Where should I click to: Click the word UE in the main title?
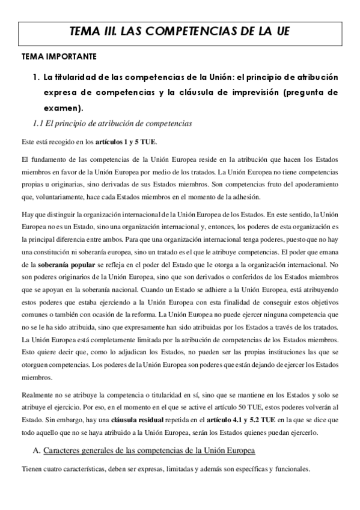pos(281,32)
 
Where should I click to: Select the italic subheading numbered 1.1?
pos(112,124)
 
